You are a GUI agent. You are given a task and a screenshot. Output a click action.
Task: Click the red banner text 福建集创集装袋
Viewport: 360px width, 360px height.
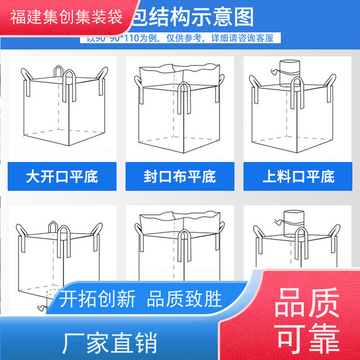(66, 18)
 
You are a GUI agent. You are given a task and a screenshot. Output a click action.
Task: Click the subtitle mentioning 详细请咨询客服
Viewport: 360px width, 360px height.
(180, 38)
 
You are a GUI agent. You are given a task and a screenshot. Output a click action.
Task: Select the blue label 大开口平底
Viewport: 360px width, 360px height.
(62, 176)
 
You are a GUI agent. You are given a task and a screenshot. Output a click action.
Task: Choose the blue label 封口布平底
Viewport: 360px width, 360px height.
(180, 176)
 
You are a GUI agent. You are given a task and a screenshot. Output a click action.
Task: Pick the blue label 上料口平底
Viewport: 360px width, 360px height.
(298, 176)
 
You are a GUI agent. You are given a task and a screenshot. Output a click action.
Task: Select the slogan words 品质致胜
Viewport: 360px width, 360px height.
(184, 298)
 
